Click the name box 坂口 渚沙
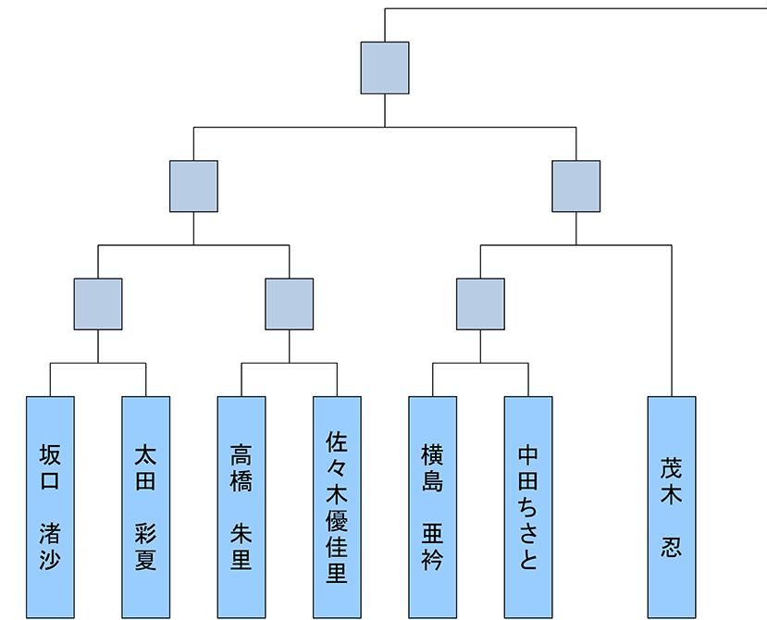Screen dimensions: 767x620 (50, 507)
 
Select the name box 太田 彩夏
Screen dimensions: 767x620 (146, 507)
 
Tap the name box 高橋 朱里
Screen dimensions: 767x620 (241, 507)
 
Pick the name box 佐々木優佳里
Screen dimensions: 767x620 (337, 507)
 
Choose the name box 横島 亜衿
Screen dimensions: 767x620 (433, 507)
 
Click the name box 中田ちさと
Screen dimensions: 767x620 (528, 507)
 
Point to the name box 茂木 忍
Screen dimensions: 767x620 (672, 507)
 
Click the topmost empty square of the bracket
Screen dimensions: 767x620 (385, 68)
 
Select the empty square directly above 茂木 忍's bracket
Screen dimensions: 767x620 (576, 186)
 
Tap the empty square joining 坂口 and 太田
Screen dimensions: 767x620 (98, 304)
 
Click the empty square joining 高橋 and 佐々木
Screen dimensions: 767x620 (289, 304)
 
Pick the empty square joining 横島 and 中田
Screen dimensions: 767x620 (480, 304)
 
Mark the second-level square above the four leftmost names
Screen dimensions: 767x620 (193, 186)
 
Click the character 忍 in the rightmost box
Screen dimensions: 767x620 (671, 547)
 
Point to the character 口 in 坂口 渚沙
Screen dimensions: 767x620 (50, 480)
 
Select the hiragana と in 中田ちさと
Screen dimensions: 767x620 (528, 558)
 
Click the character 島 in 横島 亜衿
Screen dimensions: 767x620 (432, 480)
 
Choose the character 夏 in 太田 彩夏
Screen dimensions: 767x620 (146, 559)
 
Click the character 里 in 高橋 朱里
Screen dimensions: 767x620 (241, 559)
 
